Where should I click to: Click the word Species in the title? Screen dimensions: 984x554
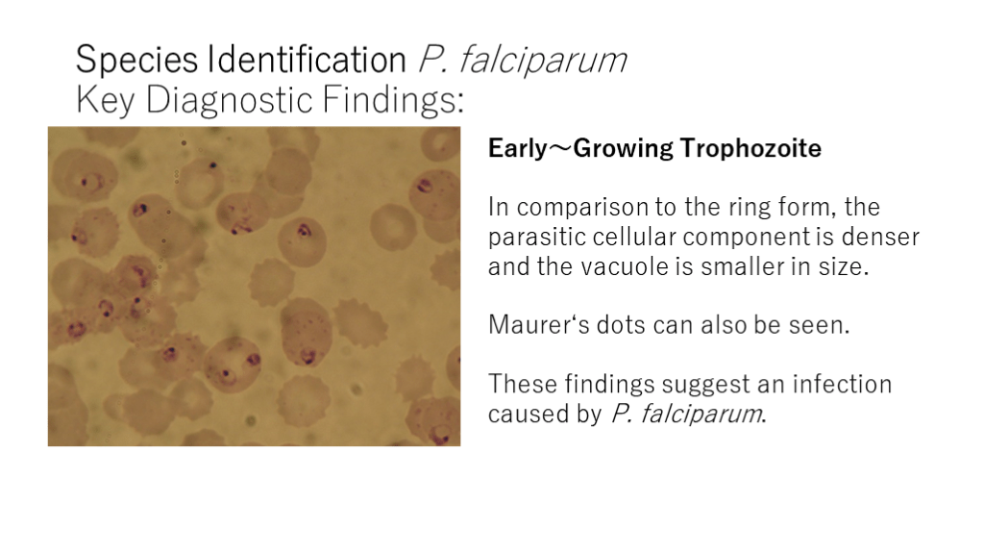click(x=136, y=61)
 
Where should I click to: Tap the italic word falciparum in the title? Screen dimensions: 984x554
click(x=542, y=61)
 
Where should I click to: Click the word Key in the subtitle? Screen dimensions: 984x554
click(x=106, y=100)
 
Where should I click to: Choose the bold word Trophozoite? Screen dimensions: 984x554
click(x=750, y=149)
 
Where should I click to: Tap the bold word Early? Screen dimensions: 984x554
click(x=518, y=149)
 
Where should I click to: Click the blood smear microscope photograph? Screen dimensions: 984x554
click(x=254, y=287)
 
